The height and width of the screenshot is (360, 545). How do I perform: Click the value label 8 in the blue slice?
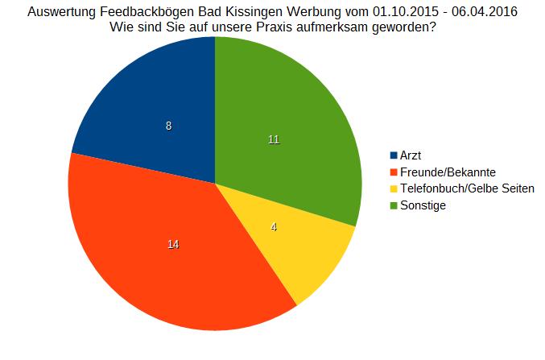click(x=168, y=126)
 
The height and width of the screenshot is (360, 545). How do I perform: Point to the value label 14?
click(x=173, y=244)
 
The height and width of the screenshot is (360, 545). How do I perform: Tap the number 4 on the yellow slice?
click(x=274, y=227)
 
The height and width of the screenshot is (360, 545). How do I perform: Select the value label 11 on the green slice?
click(x=274, y=139)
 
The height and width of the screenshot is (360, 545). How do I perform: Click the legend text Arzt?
click(x=411, y=155)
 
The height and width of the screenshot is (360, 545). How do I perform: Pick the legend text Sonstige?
click(x=423, y=206)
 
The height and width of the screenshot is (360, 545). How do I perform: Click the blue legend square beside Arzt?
click(x=394, y=155)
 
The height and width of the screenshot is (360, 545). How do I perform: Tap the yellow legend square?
click(x=394, y=189)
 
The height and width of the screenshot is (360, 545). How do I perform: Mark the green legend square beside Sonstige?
click(x=394, y=206)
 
